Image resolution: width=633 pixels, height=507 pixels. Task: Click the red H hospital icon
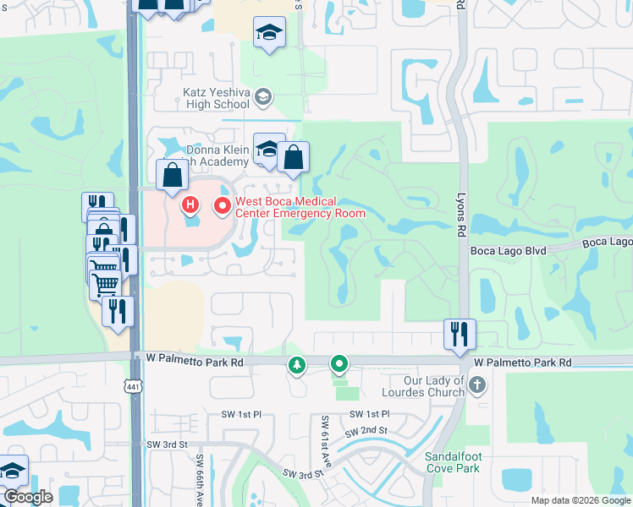point(190,204)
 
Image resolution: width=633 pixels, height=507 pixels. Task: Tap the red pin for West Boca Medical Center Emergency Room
point(223,205)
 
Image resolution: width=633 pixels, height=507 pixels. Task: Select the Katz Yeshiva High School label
point(216,97)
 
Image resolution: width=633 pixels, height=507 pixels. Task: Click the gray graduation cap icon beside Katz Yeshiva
point(262,97)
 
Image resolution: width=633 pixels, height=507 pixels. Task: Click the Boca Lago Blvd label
point(504,250)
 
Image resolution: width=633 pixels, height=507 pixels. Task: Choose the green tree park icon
point(297,366)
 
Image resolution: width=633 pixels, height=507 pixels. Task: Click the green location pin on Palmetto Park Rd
point(339,365)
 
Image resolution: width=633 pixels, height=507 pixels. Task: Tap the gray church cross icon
point(478,385)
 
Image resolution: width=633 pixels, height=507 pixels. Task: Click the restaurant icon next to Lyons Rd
point(460,332)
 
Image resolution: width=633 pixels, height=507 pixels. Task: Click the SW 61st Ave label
point(326,436)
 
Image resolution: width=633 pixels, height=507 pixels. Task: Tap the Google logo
point(28,497)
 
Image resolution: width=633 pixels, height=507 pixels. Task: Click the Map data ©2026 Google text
point(581,500)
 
